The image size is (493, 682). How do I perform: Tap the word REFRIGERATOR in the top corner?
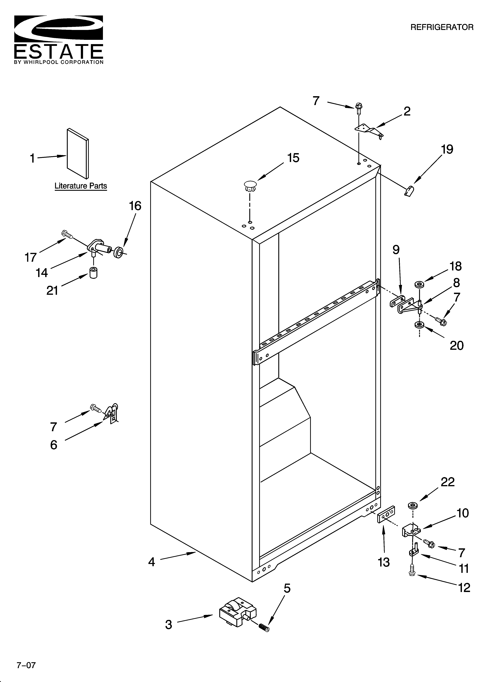click(442, 27)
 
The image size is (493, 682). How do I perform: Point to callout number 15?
click(293, 158)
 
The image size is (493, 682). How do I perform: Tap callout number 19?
click(447, 149)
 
